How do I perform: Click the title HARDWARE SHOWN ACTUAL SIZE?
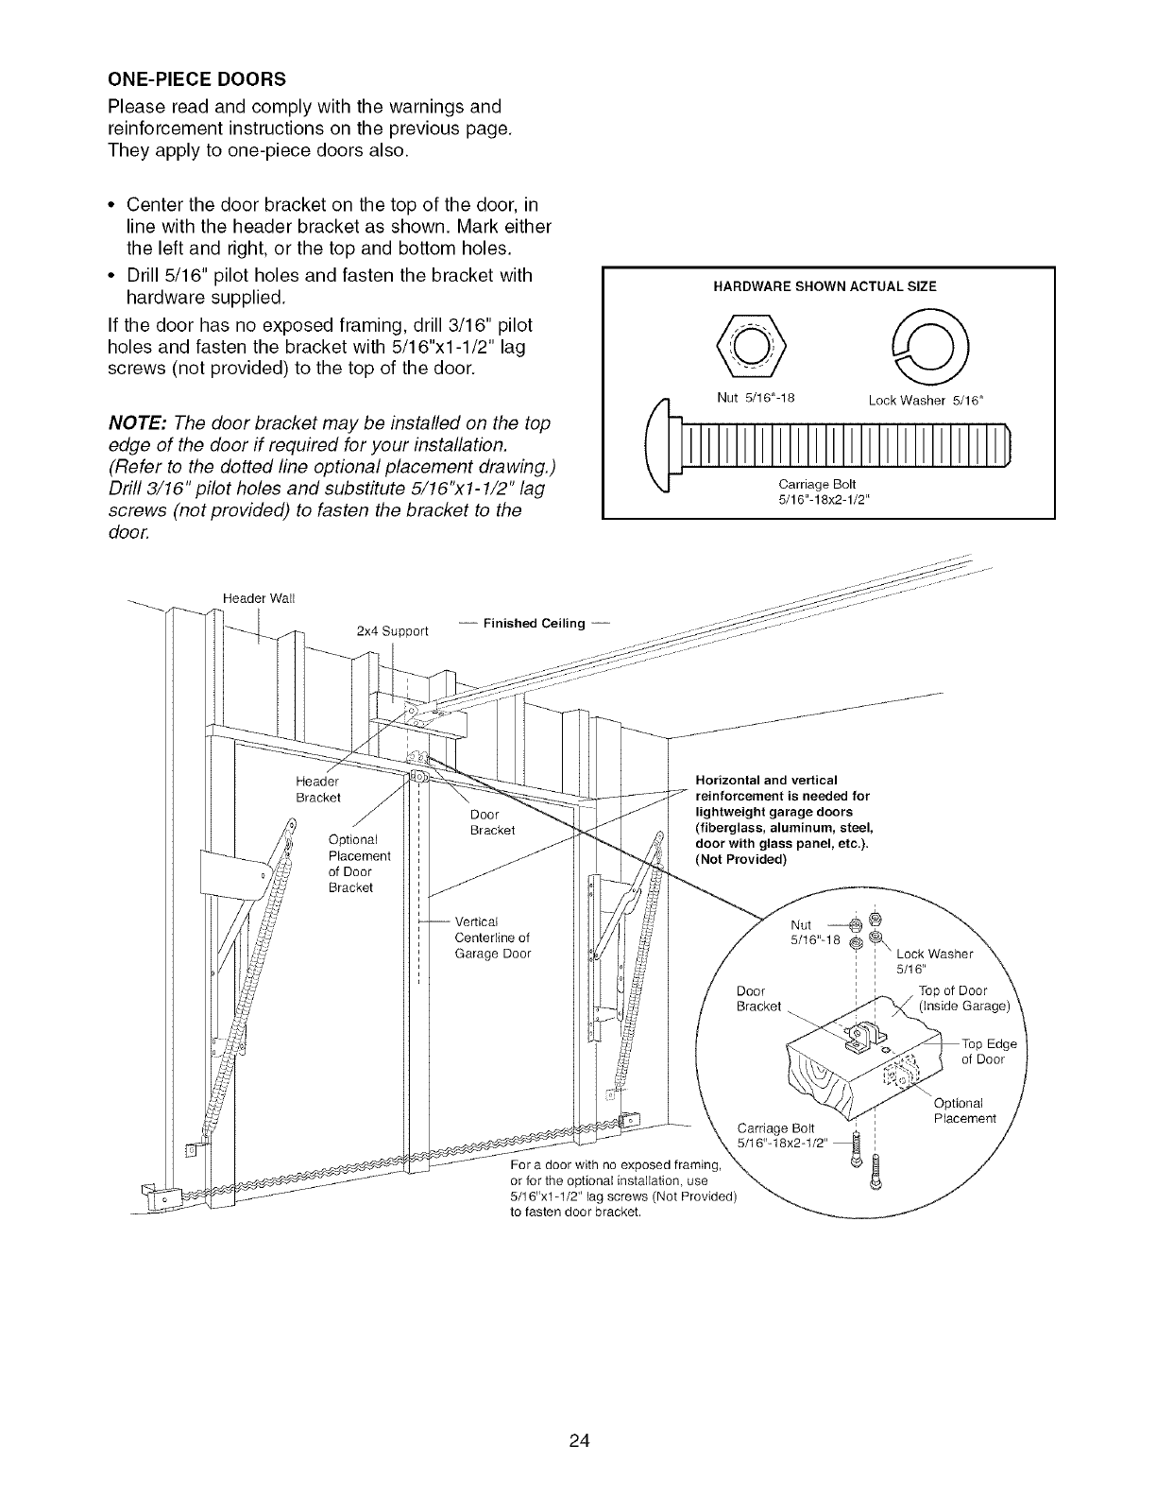point(827,286)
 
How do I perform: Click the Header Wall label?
point(260,596)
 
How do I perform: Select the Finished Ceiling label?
point(534,623)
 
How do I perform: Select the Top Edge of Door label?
point(988,1051)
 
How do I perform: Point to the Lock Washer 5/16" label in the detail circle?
point(927,960)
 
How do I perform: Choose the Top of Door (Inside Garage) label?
point(963,998)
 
